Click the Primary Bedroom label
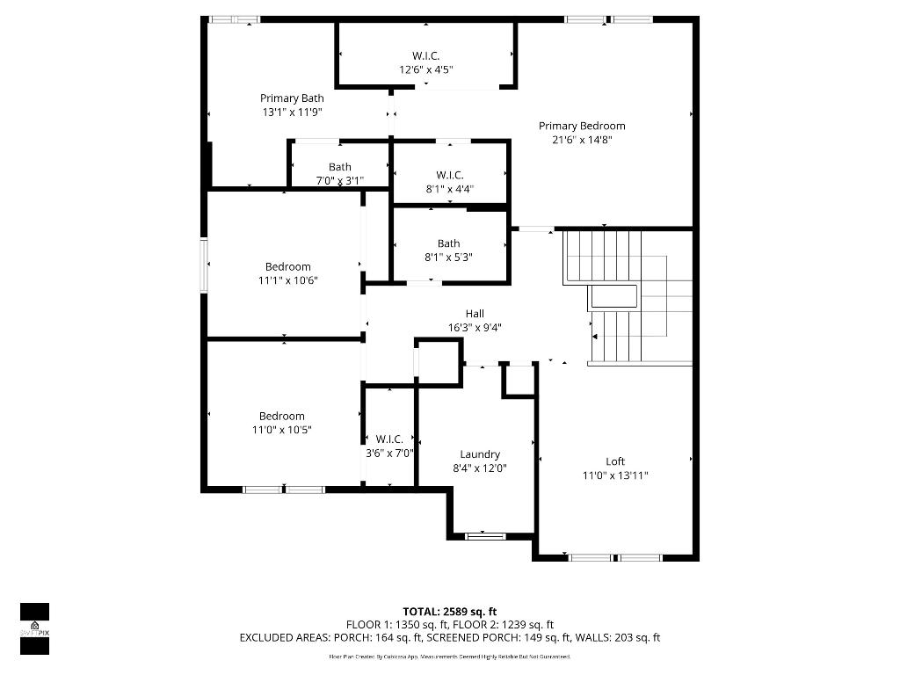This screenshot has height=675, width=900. click(x=582, y=126)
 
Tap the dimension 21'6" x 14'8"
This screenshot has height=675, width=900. click(x=582, y=140)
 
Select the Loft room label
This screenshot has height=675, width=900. click(x=615, y=461)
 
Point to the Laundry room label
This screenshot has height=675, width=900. click(x=480, y=454)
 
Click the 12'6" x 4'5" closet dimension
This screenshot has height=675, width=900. click(x=426, y=69)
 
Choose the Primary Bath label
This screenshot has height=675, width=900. click(x=292, y=98)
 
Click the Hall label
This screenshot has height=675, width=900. click(x=475, y=314)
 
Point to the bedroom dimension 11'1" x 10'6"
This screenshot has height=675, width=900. click(x=287, y=280)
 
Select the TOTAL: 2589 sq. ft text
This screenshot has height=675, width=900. click(x=450, y=612)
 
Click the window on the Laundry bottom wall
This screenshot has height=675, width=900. click(x=485, y=535)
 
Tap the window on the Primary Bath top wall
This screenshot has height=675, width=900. click(x=235, y=18)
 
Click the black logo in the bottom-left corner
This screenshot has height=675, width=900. click(x=34, y=628)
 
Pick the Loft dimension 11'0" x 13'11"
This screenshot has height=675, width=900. click(x=615, y=475)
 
